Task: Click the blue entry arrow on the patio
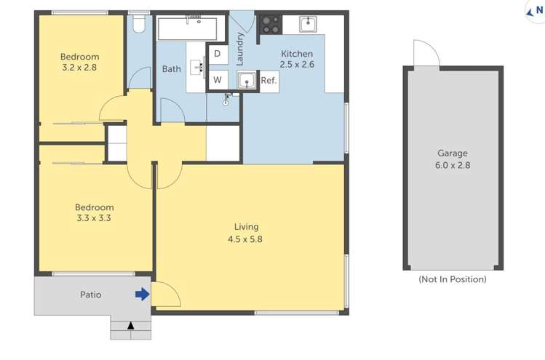click(143, 295)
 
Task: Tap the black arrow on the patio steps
click(131, 326)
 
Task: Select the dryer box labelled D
click(218, 54)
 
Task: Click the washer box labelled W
click(218, 80)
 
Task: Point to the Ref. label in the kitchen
click(268, 81)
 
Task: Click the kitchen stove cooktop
click(270, 25)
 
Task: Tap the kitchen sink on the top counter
click(309, 24)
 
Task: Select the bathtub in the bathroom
click(188, 29)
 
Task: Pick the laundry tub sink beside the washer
click(246, 79)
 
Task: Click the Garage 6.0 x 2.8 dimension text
click(452, 159)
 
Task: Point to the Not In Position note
click(452, 279)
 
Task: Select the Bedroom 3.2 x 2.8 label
click(79, 62)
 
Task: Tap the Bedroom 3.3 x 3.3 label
click(95, 212)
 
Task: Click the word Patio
click(91, 295)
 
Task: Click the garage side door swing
click(425, 54)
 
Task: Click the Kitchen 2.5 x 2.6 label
click(297, 59)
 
